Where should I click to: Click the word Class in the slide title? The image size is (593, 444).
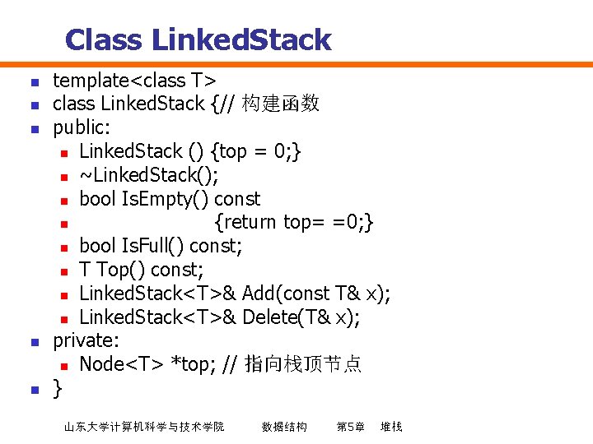pyautogui.click(x=103, y=39)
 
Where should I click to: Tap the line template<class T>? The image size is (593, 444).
pyautogui.click(x=134, y=80)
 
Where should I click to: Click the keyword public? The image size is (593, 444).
pyautogui.click(x=82, y=127)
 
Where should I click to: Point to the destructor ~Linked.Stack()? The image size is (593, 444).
pyautogui.click(x=149, y=175)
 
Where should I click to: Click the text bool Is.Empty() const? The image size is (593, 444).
pyautogui.click(x=170, y=199)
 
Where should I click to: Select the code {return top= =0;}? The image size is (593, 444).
pyautogui.click(x=295, y=222)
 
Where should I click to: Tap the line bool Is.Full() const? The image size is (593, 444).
pyautogui.click(x=161, y=246)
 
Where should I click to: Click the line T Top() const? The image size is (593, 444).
pyautogui.click(x=142, y=270)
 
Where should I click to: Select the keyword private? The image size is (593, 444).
pyautogui.click(x=86, y=340)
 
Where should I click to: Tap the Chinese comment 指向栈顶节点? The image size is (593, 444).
pyautogui.click(x=303, y=364)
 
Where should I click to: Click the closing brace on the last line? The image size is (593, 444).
pyautogui.click(x=57, y=388)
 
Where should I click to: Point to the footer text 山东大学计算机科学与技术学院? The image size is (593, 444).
pyautogui.click(x=144, y=427)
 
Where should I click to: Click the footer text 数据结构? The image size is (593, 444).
pyautogui.click(x=284, y=427)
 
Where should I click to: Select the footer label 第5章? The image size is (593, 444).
pyautogui.click(x=350, y=427)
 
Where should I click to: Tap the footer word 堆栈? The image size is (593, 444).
pyautogui.click(x=391, y=427)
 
